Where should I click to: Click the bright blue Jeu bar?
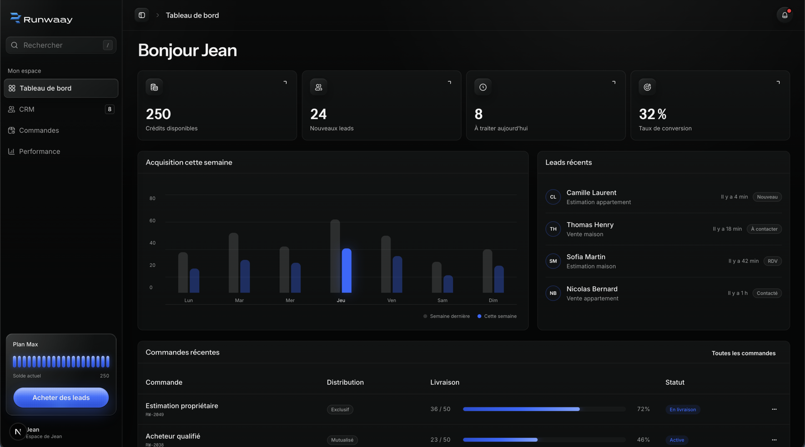[347, 271]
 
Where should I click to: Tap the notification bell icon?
[784, 15]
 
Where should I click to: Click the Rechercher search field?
[61, 45]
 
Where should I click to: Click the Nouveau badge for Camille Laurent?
[767, 197]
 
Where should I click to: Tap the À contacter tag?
[764, 229]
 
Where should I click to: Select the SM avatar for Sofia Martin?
[553, 261]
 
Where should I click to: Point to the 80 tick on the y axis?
[152, 198]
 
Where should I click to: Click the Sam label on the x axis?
[442, 300]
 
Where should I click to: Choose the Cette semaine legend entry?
[497, 316]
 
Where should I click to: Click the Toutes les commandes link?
[744, 353]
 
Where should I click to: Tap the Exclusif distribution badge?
[340, 410]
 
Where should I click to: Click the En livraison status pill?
[682, 410]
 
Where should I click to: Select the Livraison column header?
[445, 382]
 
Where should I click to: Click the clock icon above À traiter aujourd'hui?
[482, 87]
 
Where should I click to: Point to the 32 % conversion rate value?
[653, 114]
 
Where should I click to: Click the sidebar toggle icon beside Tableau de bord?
[142, 15]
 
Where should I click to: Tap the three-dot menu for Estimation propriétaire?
[774, 409]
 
